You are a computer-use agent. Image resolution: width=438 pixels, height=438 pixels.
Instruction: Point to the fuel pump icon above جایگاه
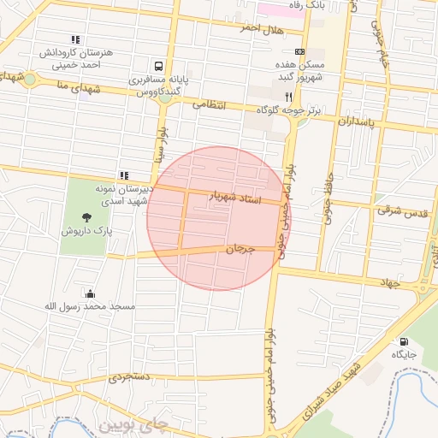404,341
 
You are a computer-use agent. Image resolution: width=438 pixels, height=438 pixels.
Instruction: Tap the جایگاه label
404,353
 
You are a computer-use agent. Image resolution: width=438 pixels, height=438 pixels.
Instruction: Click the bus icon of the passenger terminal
158,66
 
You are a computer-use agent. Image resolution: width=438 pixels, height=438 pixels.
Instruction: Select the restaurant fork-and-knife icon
289,97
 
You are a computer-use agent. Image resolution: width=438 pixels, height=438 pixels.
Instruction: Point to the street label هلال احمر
261,28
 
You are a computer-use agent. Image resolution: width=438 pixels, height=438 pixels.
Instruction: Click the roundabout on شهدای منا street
30,80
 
